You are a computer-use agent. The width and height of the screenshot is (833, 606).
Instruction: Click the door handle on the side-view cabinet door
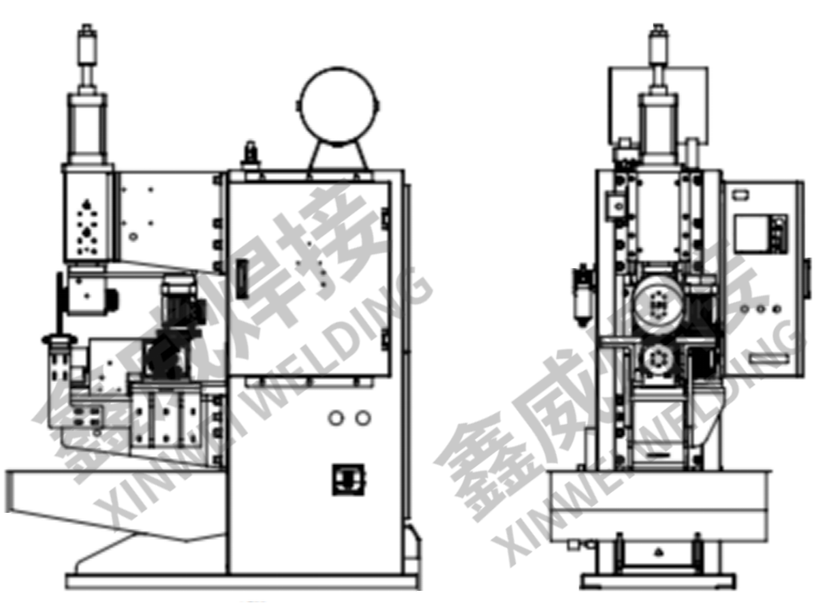coord(242,280)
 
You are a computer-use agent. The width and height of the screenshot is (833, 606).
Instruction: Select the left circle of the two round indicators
coord(336,417)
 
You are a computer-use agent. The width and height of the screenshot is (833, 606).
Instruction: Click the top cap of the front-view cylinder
coord(657,33)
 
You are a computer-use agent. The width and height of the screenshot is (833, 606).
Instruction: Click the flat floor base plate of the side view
coord(242,582)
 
